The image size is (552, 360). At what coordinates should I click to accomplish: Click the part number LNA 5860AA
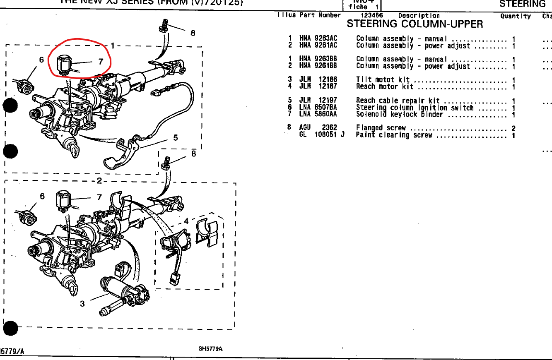318,115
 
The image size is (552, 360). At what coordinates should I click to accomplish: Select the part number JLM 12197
318,101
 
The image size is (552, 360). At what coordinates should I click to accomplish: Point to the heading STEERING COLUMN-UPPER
415,24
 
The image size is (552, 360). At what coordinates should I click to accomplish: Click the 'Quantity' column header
515,16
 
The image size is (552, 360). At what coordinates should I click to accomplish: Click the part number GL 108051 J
321,135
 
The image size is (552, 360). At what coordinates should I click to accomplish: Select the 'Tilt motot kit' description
383,79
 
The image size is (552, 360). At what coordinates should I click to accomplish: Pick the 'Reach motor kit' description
385,86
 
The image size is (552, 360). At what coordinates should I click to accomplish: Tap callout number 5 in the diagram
176,137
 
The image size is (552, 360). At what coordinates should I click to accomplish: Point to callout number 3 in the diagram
82,303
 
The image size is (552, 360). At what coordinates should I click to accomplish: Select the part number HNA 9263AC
318,38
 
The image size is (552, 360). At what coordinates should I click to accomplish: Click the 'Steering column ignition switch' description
415,108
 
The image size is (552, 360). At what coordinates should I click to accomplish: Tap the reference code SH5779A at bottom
210,349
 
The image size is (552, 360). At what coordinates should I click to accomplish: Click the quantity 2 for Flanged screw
513,128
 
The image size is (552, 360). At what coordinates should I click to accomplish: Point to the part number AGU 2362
318,128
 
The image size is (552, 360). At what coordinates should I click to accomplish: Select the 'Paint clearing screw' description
394,135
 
